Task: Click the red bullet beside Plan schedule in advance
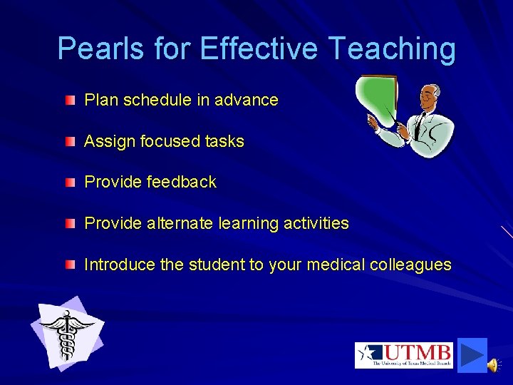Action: click(68, 101)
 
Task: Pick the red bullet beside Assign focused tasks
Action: click(68, 142)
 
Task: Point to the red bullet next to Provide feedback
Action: click(68, 183)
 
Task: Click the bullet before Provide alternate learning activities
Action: click(68, 224)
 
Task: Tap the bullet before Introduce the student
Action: click(68, 265)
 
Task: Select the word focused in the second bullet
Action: click(162, 142)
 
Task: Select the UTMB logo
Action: click(404, 355)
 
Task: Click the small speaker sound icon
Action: click(493, 365)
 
